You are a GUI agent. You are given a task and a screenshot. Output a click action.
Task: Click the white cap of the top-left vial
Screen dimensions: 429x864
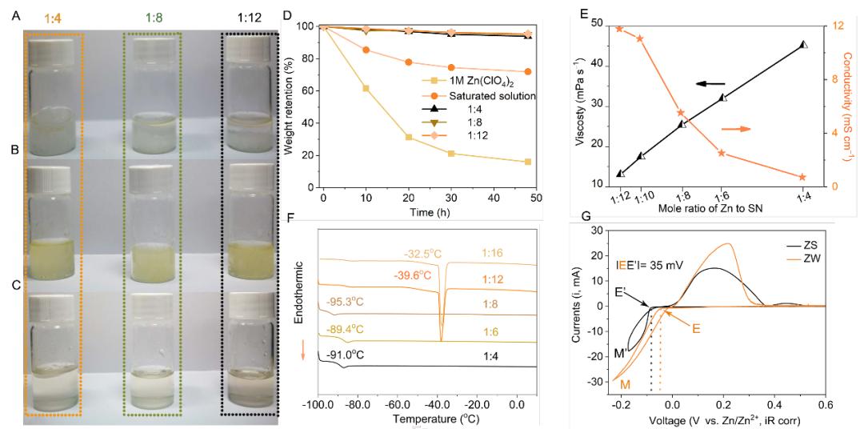(52, 50)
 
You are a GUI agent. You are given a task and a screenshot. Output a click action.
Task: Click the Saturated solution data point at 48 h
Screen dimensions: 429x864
(527, 72)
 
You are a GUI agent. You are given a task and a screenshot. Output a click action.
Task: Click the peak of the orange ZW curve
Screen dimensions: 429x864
(727, 244)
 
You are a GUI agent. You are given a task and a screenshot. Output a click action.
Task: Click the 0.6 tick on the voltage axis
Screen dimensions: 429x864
(826, 405)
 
